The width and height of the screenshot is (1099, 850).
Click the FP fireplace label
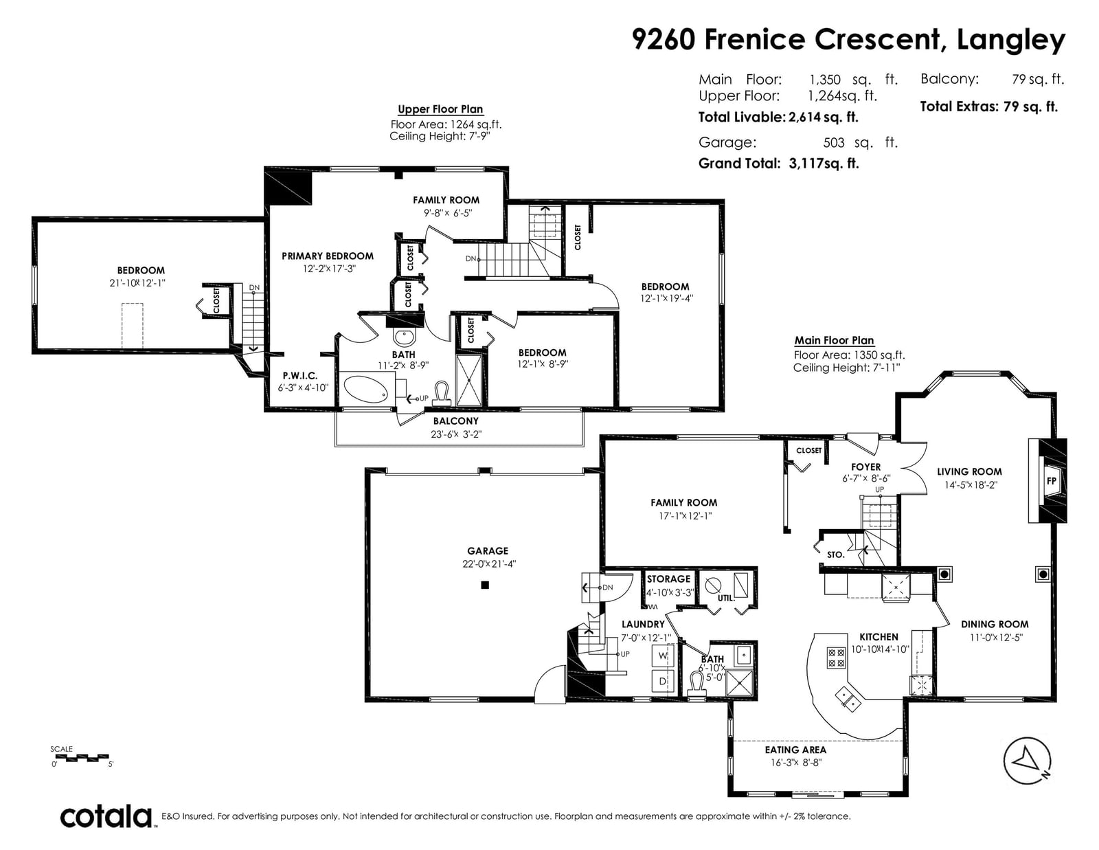tap(1052, 480)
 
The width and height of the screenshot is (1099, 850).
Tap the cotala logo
tap(106, 816)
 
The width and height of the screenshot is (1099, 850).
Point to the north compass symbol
tap(1027, 761)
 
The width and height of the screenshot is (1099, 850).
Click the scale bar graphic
tap(80, 757)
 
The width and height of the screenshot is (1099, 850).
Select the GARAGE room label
tap(488, 550)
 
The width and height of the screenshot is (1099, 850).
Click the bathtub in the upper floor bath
tap(366, 388)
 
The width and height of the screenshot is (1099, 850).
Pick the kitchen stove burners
tap(835, 658)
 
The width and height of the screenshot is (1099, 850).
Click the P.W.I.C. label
tap(300, 375)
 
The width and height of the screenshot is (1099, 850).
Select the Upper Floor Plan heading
tap(440, 109)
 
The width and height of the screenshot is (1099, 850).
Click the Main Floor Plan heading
tap(834, 340)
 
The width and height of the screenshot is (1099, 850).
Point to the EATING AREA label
tap(795, 750)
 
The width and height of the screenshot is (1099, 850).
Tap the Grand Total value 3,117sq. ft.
tap(824, 164)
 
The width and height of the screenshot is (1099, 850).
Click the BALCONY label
tap(455, 421)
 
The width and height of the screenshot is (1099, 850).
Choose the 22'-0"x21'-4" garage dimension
tap(489, 563)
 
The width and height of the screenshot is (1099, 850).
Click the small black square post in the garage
tap(485, 585)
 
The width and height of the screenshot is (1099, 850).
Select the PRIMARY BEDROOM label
tap(328, 256)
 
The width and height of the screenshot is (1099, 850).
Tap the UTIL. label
tap(726, 598)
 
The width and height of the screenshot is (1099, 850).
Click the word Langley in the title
tap(1011, 40)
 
